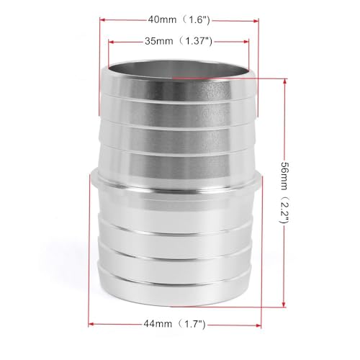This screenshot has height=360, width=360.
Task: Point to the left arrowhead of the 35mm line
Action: point(110,41)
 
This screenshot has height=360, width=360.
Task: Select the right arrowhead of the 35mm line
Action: point(246,41)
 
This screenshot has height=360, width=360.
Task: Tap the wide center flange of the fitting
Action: point(177,189)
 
